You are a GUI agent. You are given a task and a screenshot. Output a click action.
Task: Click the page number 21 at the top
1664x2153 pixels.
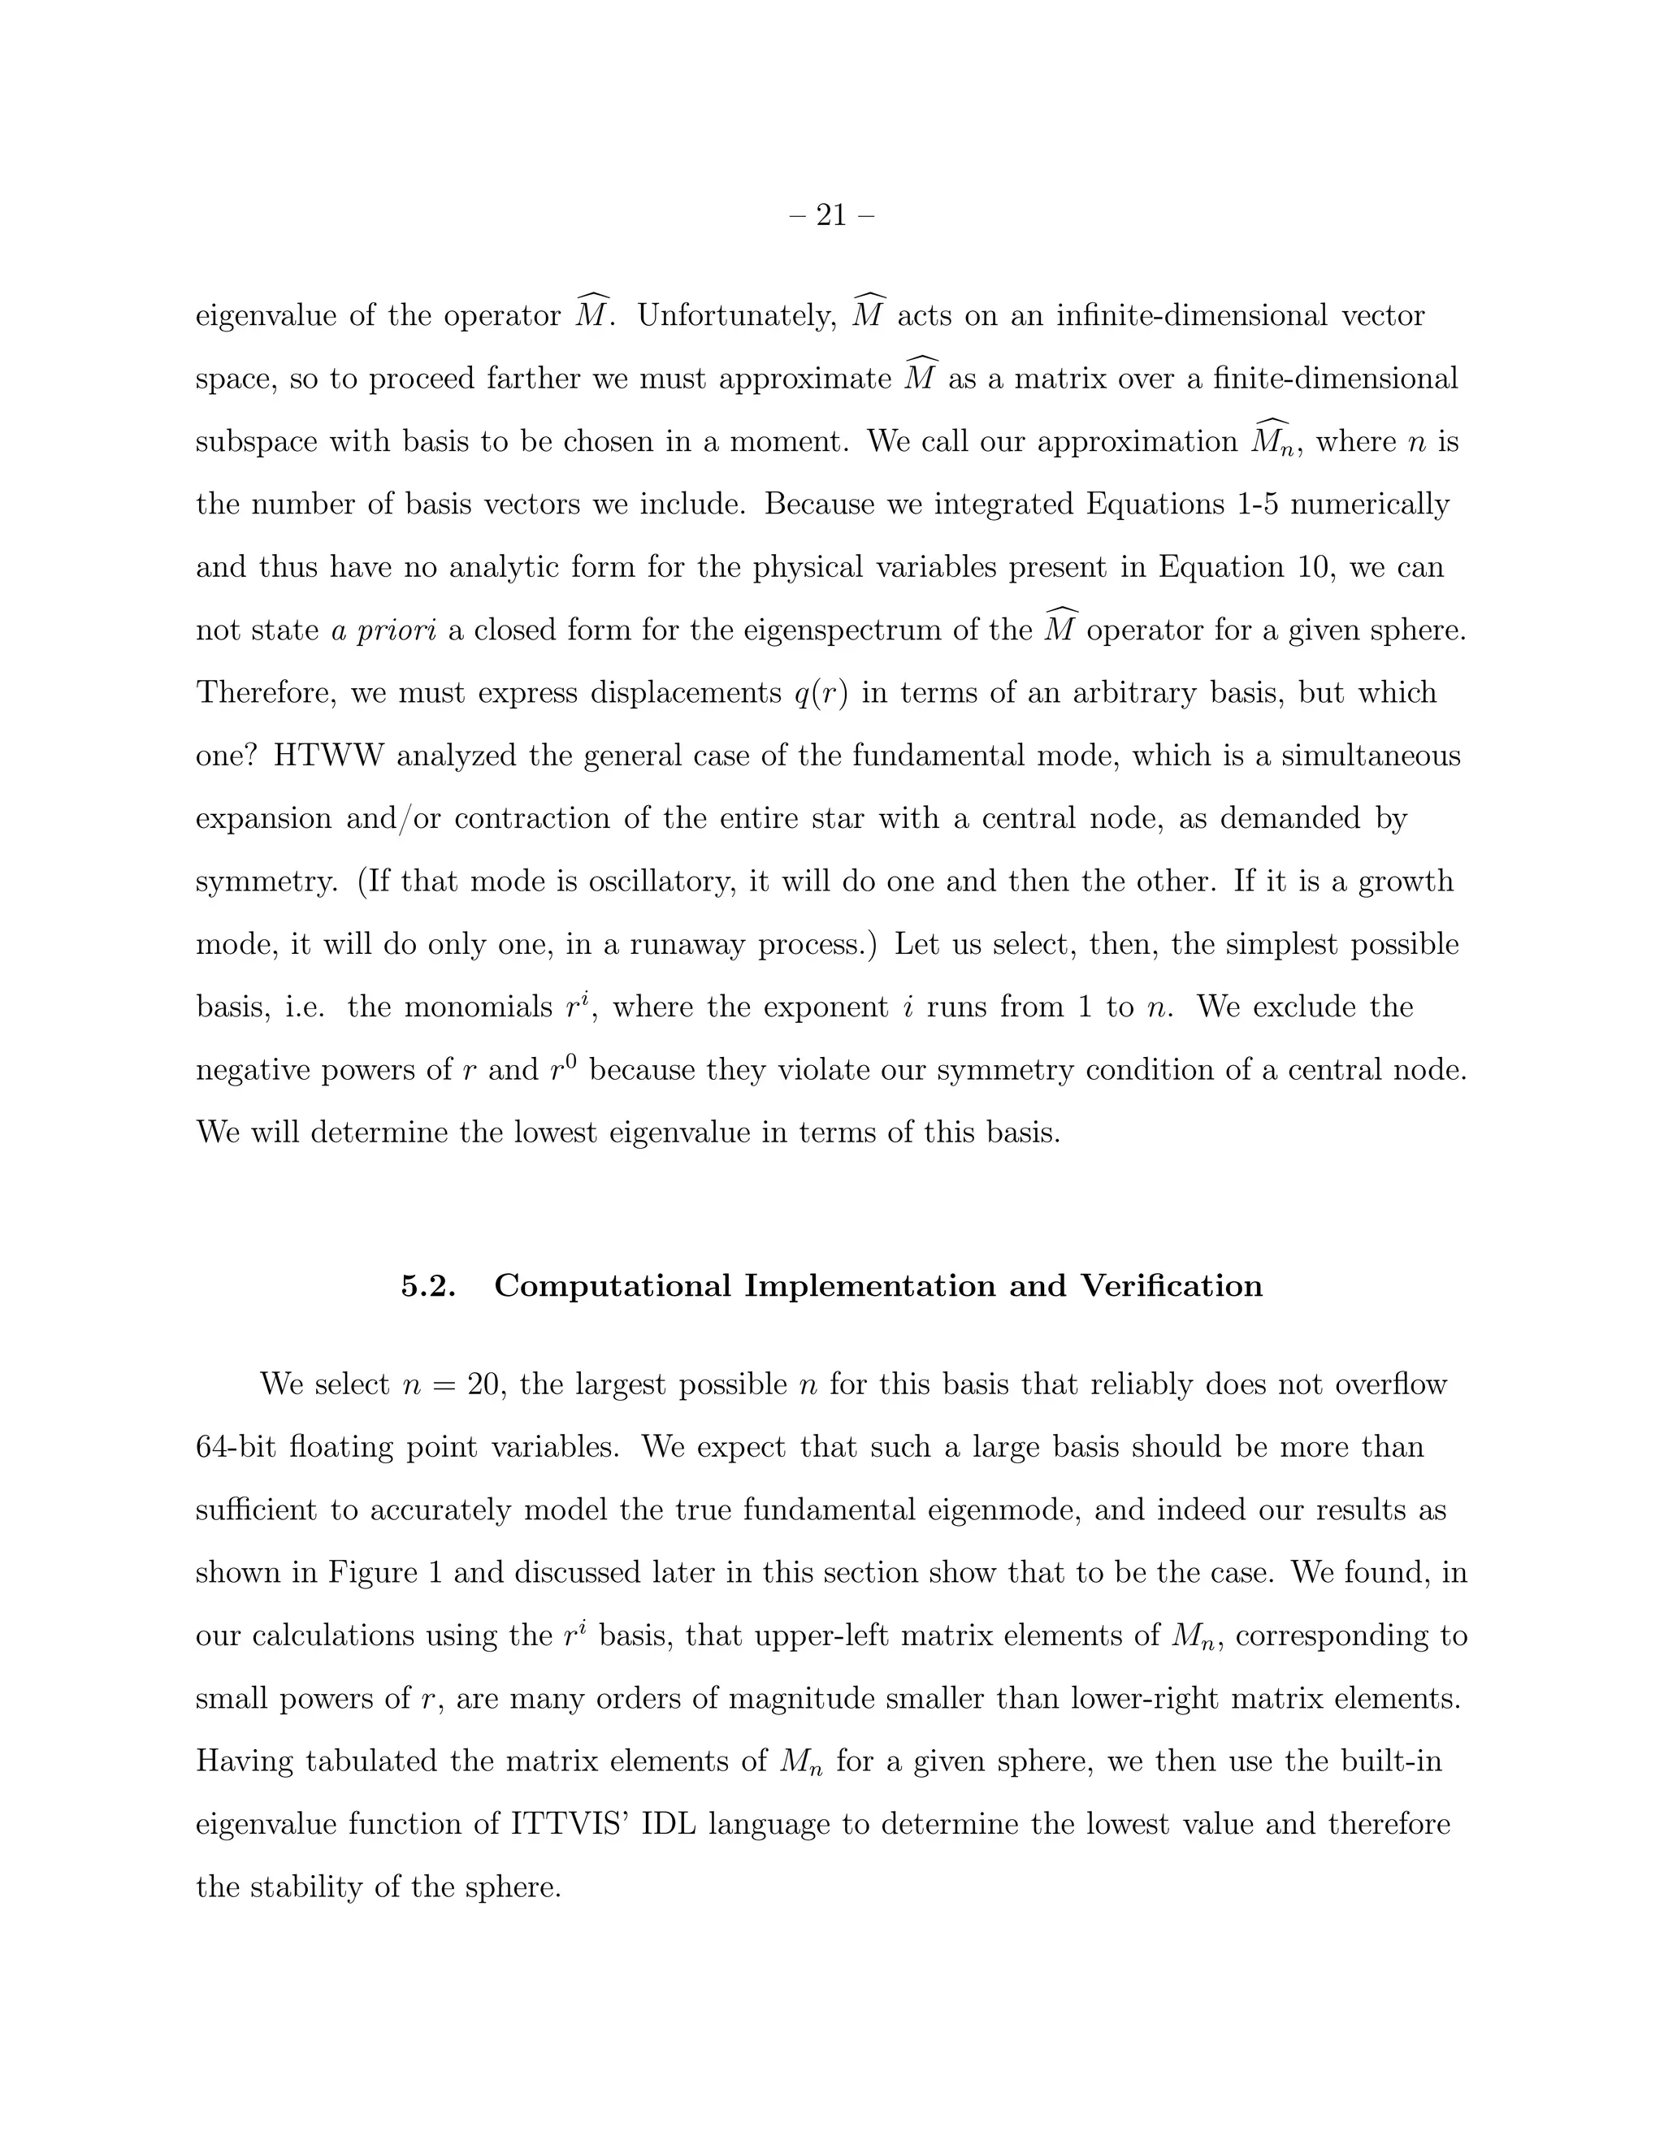831,215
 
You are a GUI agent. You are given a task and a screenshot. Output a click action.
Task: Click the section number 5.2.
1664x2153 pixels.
428,1285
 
